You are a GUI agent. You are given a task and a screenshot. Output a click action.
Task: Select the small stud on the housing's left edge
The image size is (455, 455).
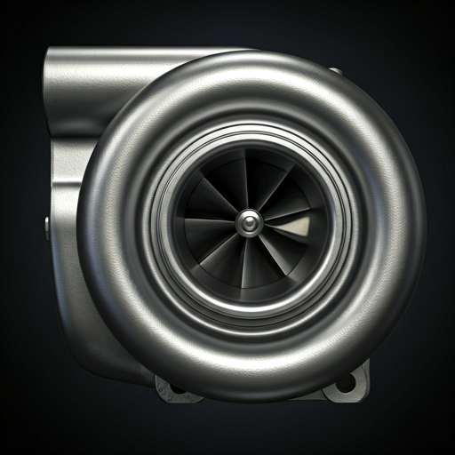click(47, 222)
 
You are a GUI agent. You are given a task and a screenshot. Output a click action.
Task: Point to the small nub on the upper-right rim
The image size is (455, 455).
click(334, 69)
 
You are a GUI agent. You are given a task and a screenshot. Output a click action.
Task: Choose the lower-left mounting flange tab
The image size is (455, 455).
click(174, 387)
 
